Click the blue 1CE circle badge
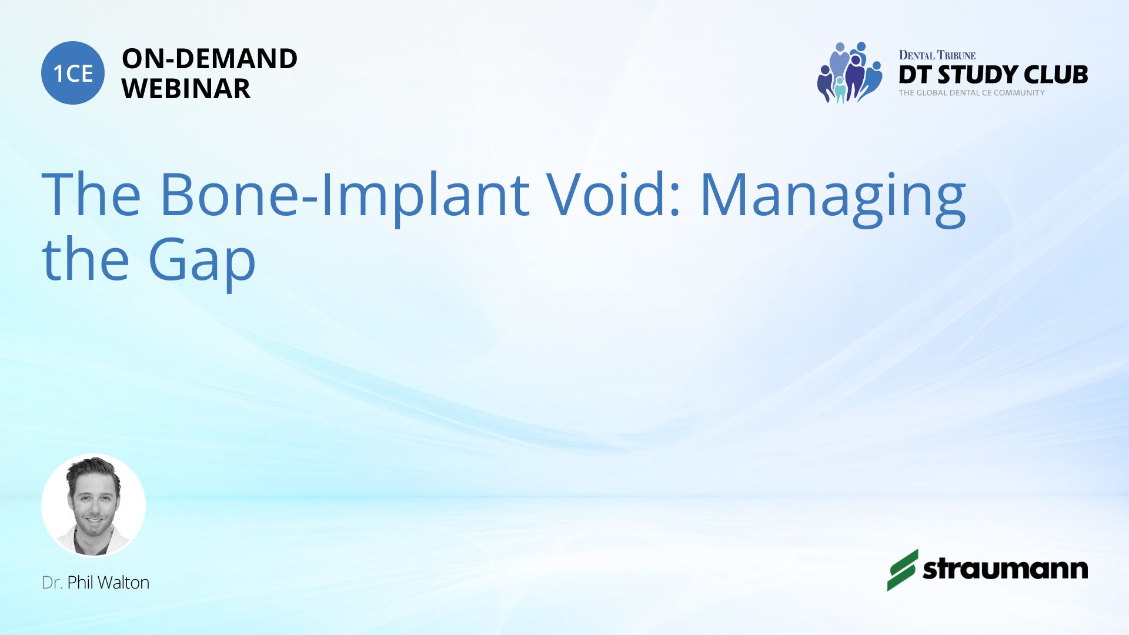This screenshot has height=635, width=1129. (73, 73)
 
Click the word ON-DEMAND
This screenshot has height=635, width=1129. (209, 59)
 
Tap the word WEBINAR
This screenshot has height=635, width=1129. (186, 89)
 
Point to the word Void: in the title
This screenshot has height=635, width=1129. (614, 194)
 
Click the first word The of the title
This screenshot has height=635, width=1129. (91, 194)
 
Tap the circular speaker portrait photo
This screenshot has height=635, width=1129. (93, 506)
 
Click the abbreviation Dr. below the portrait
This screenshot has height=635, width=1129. (52, 583)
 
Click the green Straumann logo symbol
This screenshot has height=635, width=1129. (902, 570)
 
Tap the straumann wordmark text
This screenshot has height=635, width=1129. (1005, 569)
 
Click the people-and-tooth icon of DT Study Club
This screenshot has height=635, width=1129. (849, 72)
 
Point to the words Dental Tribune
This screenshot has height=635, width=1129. (937, 55)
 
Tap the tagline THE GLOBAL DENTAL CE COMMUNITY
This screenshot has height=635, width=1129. (971, 93)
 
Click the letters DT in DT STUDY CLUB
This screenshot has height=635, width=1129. (915, 75)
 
